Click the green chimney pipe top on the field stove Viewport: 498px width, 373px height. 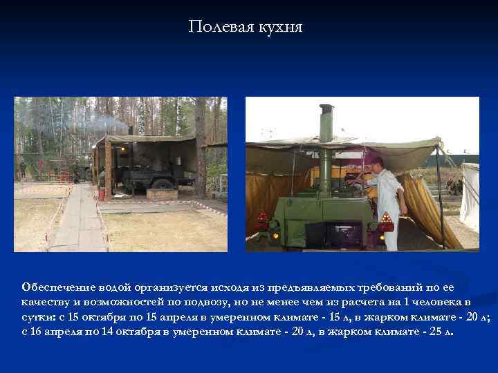click(x=326, y=110)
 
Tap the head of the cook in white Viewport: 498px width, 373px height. click(x=376, y=163)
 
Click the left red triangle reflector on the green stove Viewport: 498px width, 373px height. click(x=261, y=218)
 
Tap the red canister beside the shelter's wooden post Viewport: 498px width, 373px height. click(x=101, y=195)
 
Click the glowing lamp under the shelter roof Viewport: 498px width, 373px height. click(x=122, y=148)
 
